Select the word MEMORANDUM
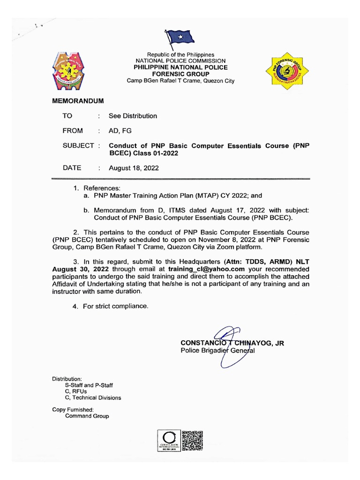(78, 101)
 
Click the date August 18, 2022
(134, 168)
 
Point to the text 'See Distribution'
(133, 116)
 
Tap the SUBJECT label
(78, 146)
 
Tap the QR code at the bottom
(192, 441)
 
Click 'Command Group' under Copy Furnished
(87, 416)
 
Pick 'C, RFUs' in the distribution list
(77, 391)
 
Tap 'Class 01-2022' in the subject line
(157, 153)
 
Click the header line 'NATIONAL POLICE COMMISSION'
(180, 61)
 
